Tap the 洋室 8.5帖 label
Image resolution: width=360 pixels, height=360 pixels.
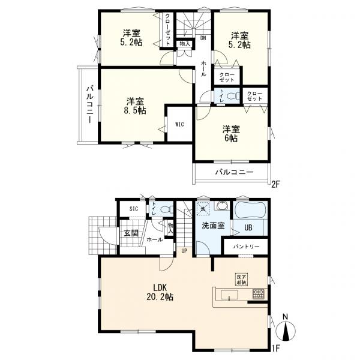click(135, 106)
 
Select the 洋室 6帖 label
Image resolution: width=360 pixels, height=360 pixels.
click(231, 133)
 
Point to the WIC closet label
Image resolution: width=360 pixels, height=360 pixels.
click(179, 124)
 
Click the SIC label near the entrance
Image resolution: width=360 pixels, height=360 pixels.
click(133, 208)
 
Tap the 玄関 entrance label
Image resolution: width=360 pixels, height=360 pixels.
click(131, 233)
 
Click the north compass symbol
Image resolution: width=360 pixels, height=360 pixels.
click(286, 332)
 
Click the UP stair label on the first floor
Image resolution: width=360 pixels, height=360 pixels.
click(184, 251)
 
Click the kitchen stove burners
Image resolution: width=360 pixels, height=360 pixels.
click(258, 295)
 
